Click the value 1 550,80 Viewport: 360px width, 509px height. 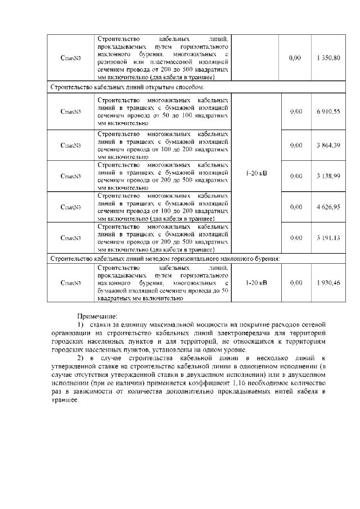328,58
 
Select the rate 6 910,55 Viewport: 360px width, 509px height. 328,112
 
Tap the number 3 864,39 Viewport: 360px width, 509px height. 328,146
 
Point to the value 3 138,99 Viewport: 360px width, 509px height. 328,176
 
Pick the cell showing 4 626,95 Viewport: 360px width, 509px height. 328,207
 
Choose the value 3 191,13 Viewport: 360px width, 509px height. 328,237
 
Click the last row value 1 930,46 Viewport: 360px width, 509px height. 328,282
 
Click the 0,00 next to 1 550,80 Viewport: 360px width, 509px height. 295,58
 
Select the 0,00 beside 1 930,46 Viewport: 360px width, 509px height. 295,282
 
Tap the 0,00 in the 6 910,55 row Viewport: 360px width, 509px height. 295,112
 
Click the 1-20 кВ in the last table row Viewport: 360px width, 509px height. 256,282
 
